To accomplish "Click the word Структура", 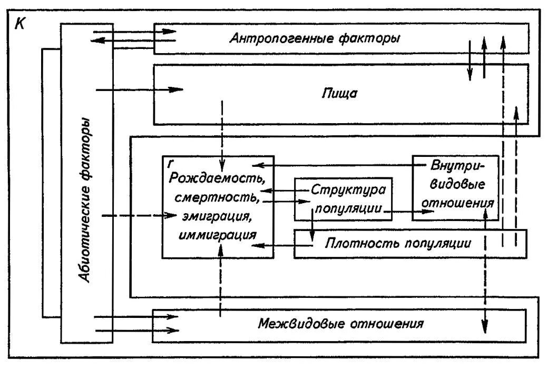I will coord(348,189).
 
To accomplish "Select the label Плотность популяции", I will coord(397,244).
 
